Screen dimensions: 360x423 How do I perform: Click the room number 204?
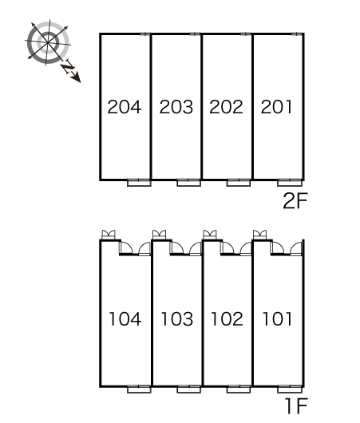tap(125, 107)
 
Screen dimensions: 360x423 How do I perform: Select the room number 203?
tap(176, 107)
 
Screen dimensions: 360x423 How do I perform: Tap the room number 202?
tap(226, 107)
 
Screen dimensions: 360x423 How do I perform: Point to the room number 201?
tap(276, 107)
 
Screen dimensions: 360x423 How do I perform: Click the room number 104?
tap(125, 319)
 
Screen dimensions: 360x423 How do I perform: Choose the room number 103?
tap(177, 319)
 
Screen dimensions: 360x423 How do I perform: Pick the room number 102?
tap(227, 319)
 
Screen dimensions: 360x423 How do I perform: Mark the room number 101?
tap(277, 319)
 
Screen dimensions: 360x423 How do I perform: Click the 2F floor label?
tap(295, 201)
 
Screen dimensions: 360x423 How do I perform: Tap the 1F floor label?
tap(297, 406)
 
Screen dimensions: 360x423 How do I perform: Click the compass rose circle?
tap(48, 43)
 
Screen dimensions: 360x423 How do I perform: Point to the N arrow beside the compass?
tap(70, 71)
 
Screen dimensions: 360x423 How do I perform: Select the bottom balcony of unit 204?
tap(139, 183)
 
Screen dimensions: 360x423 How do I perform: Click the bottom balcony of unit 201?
tap(290, 183)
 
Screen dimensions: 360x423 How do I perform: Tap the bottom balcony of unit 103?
tap(189, 389)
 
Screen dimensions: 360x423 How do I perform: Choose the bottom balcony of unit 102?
tap(239, 389)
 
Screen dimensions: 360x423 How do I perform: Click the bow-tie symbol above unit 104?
tap(109, 235)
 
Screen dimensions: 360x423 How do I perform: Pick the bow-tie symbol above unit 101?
tap(260, 235)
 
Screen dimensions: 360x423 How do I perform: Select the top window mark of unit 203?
tap(195, 34)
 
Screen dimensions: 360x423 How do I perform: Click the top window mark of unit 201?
tap(296, 34)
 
